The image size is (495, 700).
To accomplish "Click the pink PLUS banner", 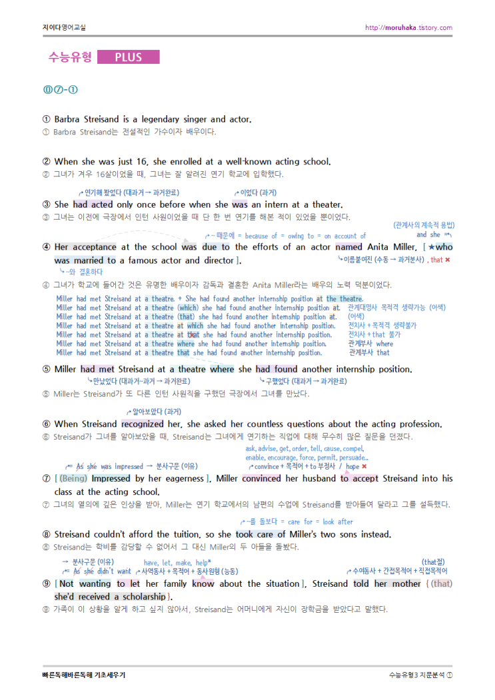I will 129,57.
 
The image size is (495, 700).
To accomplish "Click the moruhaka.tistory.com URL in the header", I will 408,27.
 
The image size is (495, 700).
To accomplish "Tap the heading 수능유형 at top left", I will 69,57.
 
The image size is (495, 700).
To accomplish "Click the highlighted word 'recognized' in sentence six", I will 142,424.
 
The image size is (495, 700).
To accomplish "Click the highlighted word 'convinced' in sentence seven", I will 262,478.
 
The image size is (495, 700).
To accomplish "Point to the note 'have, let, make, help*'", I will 177,563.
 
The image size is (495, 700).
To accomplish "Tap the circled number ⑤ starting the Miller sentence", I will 46,369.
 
